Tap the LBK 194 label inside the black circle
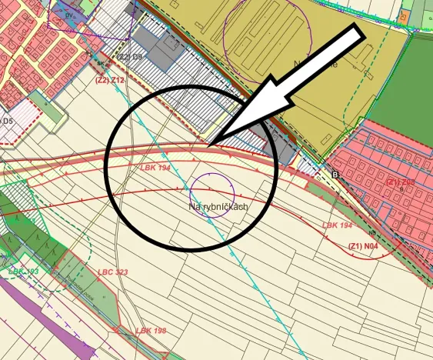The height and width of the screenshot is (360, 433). coord(154,167)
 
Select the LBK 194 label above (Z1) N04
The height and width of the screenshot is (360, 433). coord(338,225)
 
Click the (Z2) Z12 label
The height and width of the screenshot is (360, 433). coord(109,79)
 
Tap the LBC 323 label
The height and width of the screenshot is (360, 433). coord(112,272)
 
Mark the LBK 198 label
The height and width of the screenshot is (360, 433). coord(151,331)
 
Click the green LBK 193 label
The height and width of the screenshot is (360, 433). coord(23,272)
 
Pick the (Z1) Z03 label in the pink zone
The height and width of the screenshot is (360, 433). coord(401,182)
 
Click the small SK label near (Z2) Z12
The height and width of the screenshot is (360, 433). coord(100,64)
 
